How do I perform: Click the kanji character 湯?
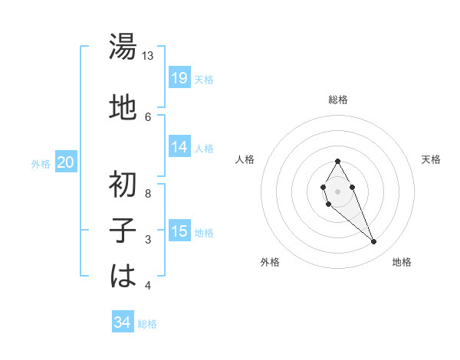coord(123,47)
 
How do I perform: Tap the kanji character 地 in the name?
coord(123,107)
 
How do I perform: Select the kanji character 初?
coord(123,184)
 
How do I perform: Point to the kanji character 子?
coord(123,230)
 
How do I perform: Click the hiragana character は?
coord(123,276)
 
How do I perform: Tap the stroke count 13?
coord(148,56)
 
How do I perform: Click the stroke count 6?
coord(148,116)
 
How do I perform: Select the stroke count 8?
coord(148,194)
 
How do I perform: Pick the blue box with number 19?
coord(179,78)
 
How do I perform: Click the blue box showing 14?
coord(179,147)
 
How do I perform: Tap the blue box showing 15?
coord(179,231)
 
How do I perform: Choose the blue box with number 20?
coord(66,162)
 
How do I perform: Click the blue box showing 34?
coord(123,323)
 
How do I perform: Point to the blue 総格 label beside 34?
coord(147,324)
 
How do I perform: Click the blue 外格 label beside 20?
coord(41,163)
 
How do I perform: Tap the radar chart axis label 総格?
coord(338,100)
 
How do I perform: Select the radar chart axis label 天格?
coord(431,159)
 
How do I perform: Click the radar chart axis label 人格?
coord(245,159)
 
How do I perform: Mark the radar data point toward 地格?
coord(374,242)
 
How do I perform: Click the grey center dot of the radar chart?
coord(338,191)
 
